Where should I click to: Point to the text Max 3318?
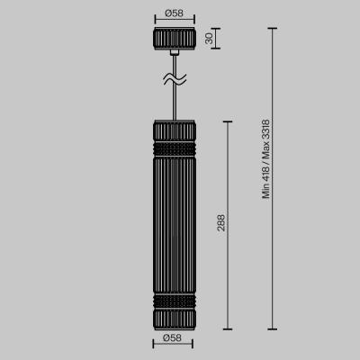point(265,141)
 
